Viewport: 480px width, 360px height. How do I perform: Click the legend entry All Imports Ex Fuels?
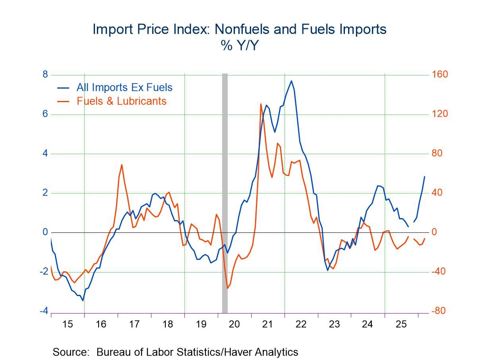(x=124, y=87)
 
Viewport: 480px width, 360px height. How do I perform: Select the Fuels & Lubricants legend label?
(x=121, y=101)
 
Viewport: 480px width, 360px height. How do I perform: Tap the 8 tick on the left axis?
(x=45, y=75)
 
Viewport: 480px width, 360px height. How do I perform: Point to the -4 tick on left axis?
(x=44, y=311)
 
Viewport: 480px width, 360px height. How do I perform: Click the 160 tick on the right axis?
(x=439, y=75)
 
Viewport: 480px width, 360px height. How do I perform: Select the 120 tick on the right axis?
(x=439, y=114)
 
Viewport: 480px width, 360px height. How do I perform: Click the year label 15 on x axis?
(x=68, y=324)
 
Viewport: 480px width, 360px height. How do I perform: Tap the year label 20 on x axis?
(x=234, y=324)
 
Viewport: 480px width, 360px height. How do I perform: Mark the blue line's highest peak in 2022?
(x=291, y=81)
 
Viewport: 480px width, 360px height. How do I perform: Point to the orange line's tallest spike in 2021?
(x=261, y=104)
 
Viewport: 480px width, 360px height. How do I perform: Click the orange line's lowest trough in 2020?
(x=227, y=288)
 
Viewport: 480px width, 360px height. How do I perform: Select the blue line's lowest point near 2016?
(x=83, y=300)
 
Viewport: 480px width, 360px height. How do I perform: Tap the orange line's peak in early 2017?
(x=122, y=165)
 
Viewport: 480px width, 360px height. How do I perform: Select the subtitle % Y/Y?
(x=240, y=46)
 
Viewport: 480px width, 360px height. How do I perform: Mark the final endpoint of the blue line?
(x=424, y=176)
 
